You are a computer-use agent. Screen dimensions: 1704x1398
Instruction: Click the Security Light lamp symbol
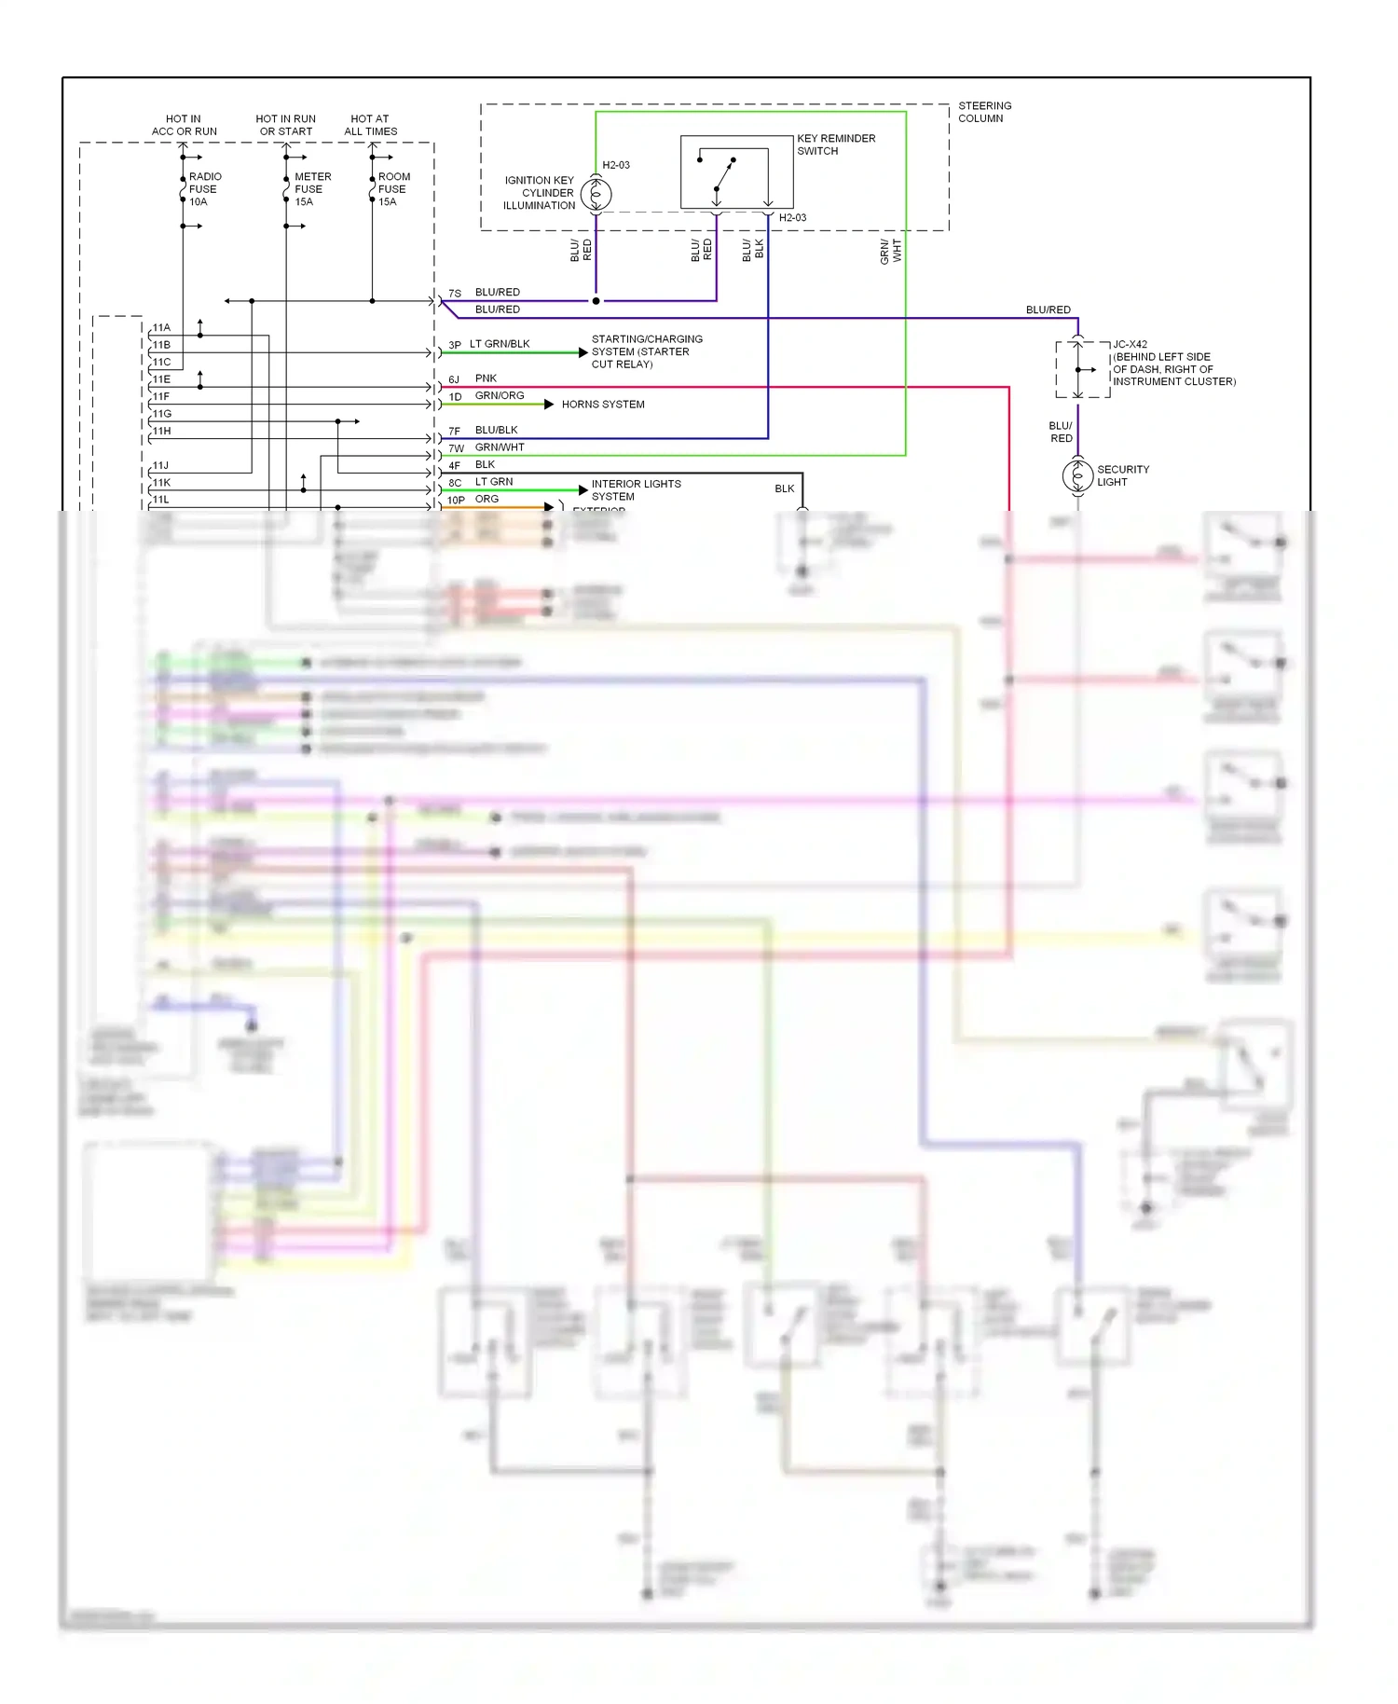pos(1077,475)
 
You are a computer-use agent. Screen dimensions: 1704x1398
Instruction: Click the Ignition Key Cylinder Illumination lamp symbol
pos(596,195)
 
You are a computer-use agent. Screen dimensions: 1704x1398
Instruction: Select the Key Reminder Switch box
pos(736,172)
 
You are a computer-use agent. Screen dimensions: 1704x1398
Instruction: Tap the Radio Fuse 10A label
pos(204,189)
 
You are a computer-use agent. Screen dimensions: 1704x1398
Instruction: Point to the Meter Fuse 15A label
pos(311,189)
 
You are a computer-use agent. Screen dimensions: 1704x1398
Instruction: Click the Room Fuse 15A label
pos(392,189)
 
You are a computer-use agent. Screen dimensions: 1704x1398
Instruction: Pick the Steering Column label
pos(984,112)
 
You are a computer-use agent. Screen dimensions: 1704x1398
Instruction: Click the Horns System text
pos(603,405)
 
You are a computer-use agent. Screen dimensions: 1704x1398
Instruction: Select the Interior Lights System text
pos(636,490)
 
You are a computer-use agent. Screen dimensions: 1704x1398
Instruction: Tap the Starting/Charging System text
pos(647,351)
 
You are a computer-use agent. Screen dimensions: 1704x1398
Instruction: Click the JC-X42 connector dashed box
pos(1082,370)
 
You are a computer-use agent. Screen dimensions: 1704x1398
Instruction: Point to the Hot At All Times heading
pos(370,125)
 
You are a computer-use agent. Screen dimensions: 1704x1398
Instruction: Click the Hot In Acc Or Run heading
pos(184,125)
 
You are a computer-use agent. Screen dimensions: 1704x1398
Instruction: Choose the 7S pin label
pos(455,293)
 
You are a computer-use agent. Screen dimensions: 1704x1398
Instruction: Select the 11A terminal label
pos(161,327)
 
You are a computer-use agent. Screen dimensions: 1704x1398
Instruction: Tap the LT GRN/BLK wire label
pos(500,344)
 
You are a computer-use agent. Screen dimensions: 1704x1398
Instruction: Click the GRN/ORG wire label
pos(500,395)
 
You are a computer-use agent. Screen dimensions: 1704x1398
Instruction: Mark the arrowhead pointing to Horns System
pos(549,404)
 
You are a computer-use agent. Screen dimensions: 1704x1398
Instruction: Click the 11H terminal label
pos(161,431)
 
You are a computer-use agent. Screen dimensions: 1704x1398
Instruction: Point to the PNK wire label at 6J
pos(486,378)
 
